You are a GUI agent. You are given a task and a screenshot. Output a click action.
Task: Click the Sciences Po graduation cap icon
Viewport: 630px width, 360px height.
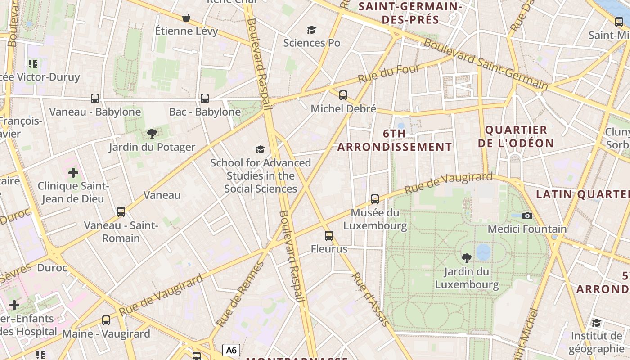coord(311,30)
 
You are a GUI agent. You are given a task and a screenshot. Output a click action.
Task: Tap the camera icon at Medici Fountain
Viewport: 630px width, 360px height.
coord(527,216)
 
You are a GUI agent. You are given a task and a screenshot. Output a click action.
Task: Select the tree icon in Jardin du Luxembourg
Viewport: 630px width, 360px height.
coord(467,258)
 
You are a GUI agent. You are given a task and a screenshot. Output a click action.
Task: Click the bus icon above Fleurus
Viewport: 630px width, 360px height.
coord(329,235)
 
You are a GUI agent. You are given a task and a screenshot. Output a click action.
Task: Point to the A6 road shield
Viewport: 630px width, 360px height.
coord(231,350)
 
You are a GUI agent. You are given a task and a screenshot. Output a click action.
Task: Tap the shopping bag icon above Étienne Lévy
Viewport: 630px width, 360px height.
coord(186,18)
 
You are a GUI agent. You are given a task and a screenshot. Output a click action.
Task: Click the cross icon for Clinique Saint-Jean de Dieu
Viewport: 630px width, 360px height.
coord(73,172)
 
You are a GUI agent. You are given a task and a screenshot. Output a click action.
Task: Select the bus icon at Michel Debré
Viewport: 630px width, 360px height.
coord(343,95)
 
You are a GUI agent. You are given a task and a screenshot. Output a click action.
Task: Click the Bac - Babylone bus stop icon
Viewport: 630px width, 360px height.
coord(205,98)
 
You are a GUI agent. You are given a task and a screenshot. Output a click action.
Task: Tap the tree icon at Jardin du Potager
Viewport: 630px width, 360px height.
coord(152,133)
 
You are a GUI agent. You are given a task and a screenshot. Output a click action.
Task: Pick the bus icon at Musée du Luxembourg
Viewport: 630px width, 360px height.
coord(374,199)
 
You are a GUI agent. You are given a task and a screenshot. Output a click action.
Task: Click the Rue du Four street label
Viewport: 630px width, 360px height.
coord(389,73)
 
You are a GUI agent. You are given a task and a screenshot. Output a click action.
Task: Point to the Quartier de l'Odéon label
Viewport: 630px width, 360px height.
coord(516,136)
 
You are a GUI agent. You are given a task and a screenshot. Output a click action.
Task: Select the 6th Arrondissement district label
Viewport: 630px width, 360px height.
coord(395,140)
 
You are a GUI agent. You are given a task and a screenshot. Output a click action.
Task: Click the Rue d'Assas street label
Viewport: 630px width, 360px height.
coord(369,298)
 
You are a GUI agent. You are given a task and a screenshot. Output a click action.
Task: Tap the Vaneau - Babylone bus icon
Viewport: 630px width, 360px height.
coord(94,98)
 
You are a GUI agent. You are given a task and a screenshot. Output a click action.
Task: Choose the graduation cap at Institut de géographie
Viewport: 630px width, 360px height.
coord(596,323)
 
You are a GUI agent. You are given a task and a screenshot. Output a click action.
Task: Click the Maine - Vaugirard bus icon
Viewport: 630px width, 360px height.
coord(106,320)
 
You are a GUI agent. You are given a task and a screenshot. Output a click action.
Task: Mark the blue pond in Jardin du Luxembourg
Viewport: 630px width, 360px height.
coord(483,252)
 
